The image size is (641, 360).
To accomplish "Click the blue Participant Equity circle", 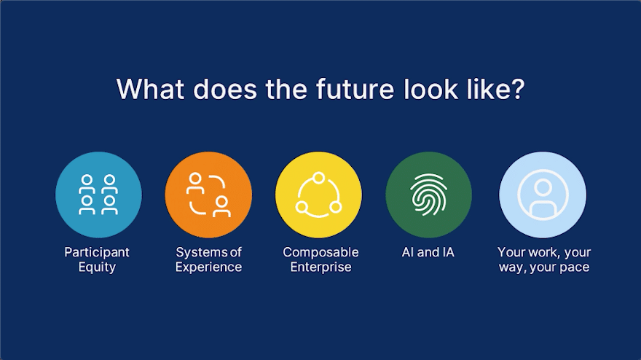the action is click(x=98, y=195).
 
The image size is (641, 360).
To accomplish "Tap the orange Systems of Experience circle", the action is click(x=208, y=195).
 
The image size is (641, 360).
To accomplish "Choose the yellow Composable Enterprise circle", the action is click(x=318, y=195).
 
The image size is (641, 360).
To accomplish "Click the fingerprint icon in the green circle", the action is click(x=429, y=195).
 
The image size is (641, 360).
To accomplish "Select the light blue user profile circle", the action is click(x=543, y=195).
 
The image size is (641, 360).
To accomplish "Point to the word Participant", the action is click(x=97, y=252).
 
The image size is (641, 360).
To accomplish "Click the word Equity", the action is click(x=97, y=267).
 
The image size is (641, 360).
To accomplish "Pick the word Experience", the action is click(x=208, y=267).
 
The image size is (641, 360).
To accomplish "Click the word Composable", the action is click(x=321, y=252).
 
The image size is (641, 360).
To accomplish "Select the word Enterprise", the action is click(x=321, y=267).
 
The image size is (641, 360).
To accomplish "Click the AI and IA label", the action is click(x=428, y=252).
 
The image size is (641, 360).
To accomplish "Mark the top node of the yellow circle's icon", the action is click(x=318, y=178).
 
